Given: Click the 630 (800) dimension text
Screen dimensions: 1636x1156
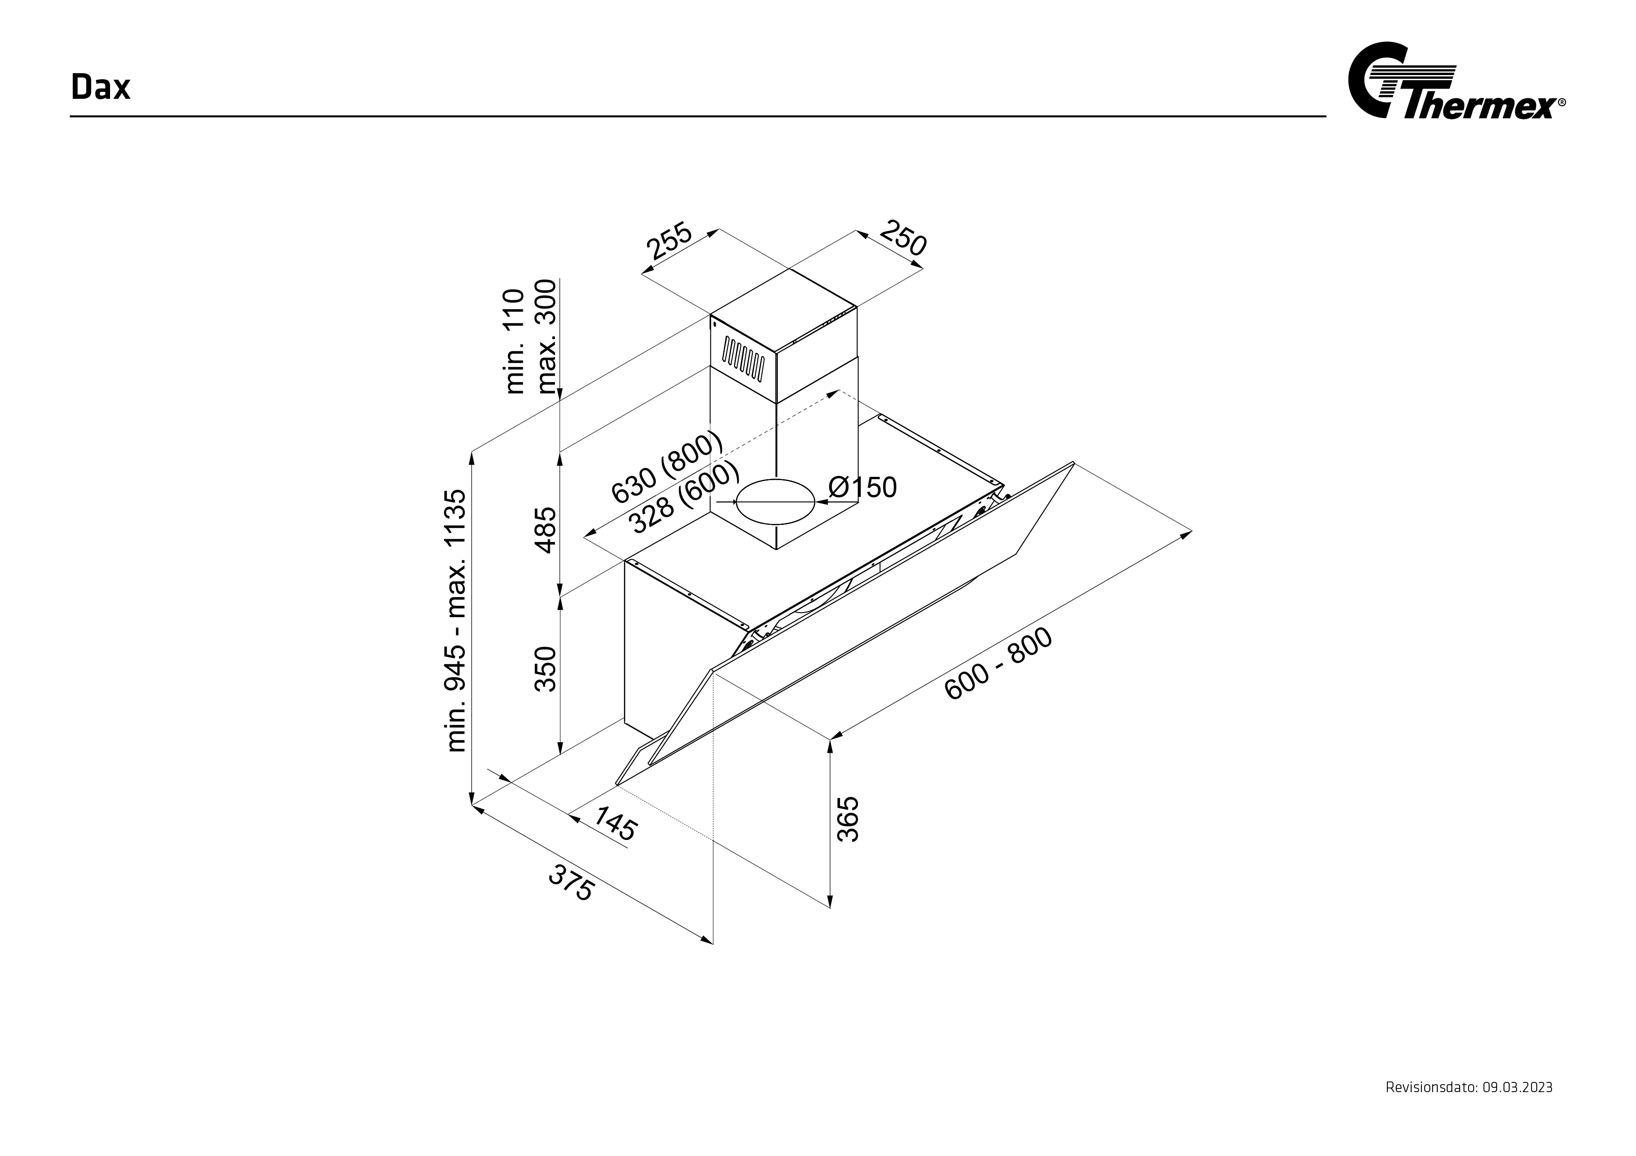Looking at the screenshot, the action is pos(667,467).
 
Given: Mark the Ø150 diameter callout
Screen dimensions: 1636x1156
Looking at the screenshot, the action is pos(862,487).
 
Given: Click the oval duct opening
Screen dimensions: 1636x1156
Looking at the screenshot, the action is pos(775,502).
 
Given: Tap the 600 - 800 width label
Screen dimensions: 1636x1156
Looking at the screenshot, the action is pos(998,664).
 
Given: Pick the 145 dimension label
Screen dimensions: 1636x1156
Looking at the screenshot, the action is pos(615,823).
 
